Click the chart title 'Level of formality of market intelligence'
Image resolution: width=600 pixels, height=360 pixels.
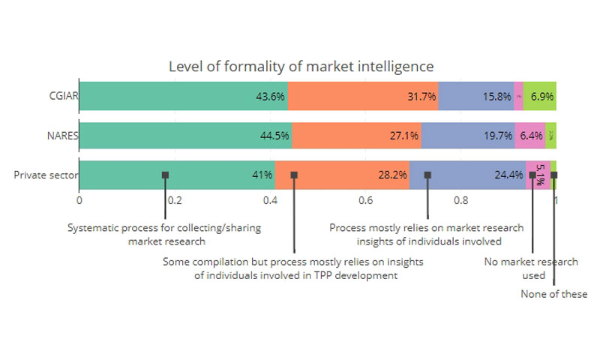pyautogui.click(x=301, y=67)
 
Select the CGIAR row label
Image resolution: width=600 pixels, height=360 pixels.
pyautogui.click(x=61, y=96)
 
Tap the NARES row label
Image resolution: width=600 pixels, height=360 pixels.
pyautogui.click(x=61, y=136)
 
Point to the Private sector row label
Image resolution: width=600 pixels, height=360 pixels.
pyautogui.click(x=44, y=175)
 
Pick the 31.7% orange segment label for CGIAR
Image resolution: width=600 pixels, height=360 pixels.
pyautogui.click(x=421, y=97)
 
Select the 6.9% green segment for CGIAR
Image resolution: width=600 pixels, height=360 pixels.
pyautogui.click(x=542, y=97)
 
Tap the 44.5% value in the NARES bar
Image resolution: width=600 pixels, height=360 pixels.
pyautogui.click(x=274, y=136)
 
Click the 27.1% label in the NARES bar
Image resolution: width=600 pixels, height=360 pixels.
pyautogui.click(x=405, y=136)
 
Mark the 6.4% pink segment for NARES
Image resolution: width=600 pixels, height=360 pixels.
pyautogui.click(x=530, y=136)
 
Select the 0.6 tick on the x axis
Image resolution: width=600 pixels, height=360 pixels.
pyautogui.click(x=365, y=200)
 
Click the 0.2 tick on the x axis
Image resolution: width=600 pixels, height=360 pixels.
pyautogui.click(x=175, y=200)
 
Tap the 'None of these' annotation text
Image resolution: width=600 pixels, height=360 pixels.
pyautogui.click(x=554, y=294)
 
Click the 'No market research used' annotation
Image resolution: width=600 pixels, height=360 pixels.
pyautogui.click(x=531, y=268)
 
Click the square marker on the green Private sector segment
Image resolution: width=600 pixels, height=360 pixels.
pyautogui.click(x=165, y=175)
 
